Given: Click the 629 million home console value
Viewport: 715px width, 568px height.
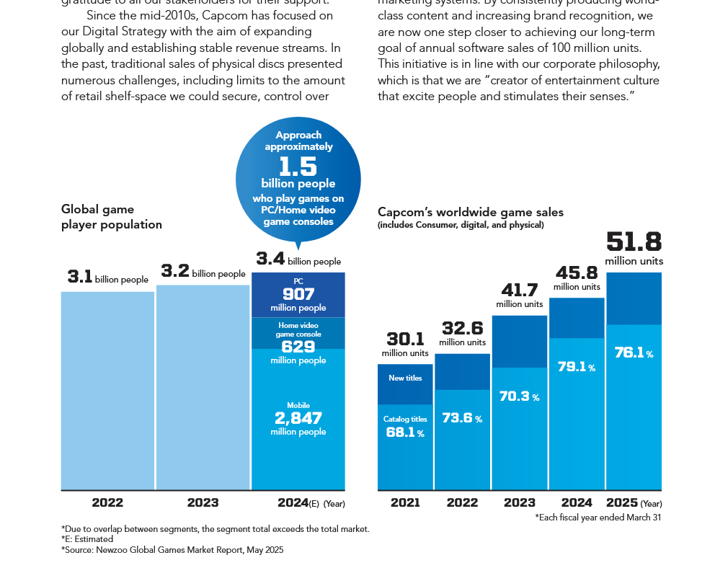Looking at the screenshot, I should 298,347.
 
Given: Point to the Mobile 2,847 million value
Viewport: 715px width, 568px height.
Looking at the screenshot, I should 298,418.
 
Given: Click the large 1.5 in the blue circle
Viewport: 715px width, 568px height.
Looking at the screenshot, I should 298,167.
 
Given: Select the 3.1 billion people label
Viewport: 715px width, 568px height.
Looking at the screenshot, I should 107,278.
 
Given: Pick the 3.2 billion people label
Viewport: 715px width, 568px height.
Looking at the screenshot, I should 203,272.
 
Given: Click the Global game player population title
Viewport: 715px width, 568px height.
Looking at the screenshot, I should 112,217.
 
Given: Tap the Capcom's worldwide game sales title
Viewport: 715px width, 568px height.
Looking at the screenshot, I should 471,213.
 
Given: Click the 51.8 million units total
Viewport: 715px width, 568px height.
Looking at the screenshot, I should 634,243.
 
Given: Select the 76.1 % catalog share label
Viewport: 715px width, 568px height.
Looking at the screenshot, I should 634,353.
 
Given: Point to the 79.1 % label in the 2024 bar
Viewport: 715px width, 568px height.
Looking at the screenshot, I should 577,367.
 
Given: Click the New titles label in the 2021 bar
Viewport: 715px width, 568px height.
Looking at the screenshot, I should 405,378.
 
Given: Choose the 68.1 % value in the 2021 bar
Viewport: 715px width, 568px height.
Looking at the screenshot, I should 405,432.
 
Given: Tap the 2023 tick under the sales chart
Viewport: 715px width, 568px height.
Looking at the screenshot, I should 519,503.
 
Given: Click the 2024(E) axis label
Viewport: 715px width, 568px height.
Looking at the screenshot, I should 298,503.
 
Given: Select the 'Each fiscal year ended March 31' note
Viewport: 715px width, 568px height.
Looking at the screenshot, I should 598,518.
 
